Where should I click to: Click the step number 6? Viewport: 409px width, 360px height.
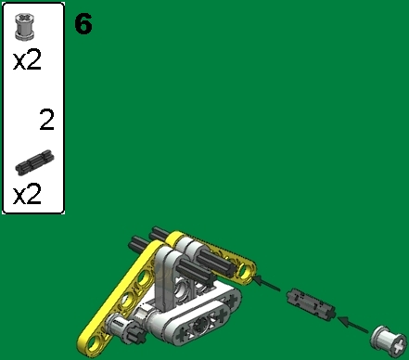83,23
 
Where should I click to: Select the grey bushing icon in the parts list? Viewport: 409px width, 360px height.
25,29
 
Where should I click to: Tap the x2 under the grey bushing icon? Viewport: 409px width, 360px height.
29,61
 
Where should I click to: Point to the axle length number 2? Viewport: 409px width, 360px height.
46,121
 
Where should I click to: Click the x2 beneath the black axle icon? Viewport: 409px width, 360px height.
29,196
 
